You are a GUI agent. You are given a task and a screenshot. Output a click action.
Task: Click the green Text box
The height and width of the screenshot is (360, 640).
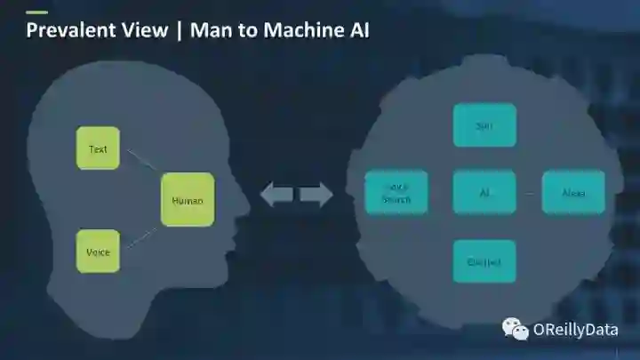coord(98,148)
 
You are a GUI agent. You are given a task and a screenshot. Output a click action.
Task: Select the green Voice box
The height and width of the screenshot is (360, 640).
coord(98,252)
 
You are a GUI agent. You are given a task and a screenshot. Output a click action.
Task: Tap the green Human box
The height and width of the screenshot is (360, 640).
coord(187,200)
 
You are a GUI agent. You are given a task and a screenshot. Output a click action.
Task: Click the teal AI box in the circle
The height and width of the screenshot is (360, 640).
coord(484,192)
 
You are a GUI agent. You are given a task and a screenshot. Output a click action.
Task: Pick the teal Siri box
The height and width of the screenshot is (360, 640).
coord(484,125)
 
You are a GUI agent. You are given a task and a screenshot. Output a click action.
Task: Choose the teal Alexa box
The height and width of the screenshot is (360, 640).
coord(573,192)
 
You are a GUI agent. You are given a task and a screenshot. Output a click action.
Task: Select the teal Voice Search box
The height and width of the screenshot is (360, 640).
coord(396,192)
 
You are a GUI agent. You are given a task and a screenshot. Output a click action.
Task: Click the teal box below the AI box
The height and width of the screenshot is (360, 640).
coord(484,261)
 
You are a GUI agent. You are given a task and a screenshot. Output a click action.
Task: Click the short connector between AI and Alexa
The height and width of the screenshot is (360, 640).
coord(529,193)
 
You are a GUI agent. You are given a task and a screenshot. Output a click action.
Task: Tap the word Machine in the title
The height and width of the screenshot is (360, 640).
coord(293,30)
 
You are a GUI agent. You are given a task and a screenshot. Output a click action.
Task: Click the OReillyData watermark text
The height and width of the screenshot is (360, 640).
coord(575,330)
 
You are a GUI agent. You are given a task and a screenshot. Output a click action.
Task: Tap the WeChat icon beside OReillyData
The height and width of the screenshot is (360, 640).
coord(516,330)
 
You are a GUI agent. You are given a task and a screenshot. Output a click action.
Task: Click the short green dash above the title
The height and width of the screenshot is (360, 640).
coord(36,12)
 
